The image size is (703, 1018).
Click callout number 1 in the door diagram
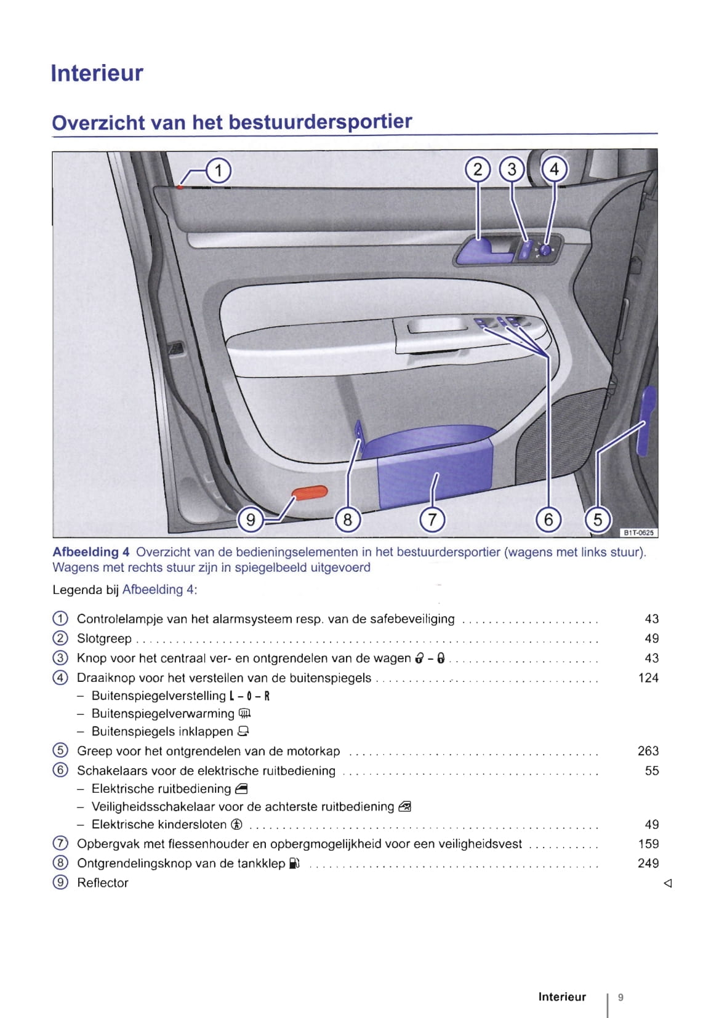point(219,170)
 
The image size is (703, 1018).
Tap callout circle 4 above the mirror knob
point(554,169)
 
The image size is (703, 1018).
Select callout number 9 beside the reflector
point(251,520)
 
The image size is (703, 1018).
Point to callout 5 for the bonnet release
point(597,520)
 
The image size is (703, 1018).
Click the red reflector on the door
point(309,492)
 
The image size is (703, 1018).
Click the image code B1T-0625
point(638,533)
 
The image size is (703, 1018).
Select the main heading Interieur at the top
point(97,73)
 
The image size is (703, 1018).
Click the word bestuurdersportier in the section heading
point(320,122)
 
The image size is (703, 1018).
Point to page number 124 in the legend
point(648,678)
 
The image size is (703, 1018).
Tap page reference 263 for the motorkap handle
point(648,751)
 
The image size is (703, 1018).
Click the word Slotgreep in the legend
point(104,639)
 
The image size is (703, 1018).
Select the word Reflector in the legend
point(103,883)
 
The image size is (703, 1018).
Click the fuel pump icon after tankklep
point(294,864)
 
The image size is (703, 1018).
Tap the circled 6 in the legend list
point(60,771)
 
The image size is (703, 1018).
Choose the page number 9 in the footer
point(621,997)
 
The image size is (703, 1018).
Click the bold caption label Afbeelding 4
point(91,552)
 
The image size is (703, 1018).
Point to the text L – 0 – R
point(249,696)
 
